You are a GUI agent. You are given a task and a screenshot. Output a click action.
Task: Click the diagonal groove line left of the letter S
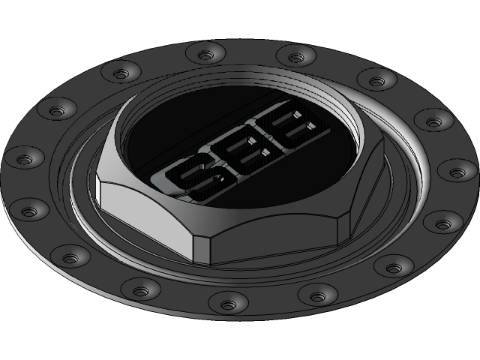tap(157, 157)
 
